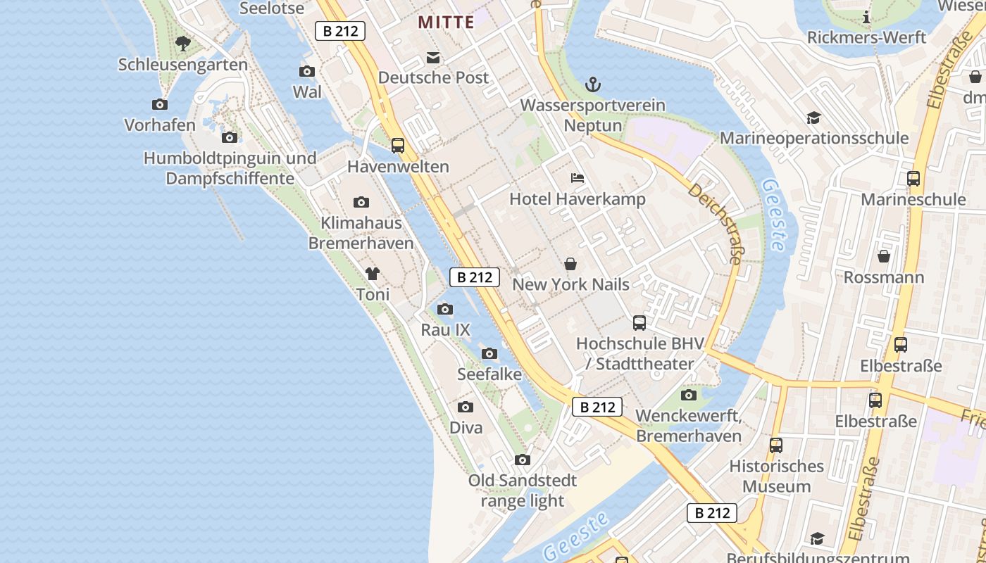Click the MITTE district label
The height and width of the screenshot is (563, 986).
(x=446, y=22)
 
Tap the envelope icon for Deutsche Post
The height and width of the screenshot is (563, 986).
(x=432, y=57)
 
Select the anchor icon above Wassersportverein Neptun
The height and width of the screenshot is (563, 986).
(x=593, y=85)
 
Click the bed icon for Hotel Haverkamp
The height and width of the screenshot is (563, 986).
(x=578, y=178)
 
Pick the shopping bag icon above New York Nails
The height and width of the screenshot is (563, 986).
(x=570, y=264)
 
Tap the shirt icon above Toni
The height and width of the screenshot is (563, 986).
(x=373, y=274)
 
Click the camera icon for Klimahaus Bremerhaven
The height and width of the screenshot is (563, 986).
(x=361, y=203)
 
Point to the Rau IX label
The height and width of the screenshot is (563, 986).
(x=445, y=329)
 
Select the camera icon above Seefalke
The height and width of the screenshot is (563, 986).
(x=489, y=353)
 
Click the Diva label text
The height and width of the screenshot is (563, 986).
(x=466, y=427)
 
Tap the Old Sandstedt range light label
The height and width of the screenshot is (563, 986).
(x=523, y=491)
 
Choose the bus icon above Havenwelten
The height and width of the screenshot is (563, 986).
(x=398, y=146)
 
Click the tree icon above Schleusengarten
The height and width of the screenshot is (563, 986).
(x=183, y=44)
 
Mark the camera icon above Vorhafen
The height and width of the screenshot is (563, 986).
(x=160, y=105)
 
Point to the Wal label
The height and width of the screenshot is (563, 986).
(x=307, y=91)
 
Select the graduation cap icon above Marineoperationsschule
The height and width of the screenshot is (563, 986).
(x=813, y=118)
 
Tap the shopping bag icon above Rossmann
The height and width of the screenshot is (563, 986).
(x=884, y=256)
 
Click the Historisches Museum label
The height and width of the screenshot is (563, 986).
(x=776, y=476)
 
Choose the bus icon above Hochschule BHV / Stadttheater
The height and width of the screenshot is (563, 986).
(x=639, y=323)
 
